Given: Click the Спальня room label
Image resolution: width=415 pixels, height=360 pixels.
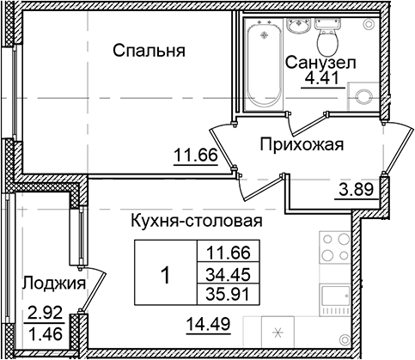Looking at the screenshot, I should (150, 51).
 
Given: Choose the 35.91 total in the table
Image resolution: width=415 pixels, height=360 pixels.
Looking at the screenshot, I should (223, 292).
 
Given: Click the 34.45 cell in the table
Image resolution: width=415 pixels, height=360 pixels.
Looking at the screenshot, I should (223, 274).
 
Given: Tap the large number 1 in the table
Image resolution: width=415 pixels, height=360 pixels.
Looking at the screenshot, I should (165, 276).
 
